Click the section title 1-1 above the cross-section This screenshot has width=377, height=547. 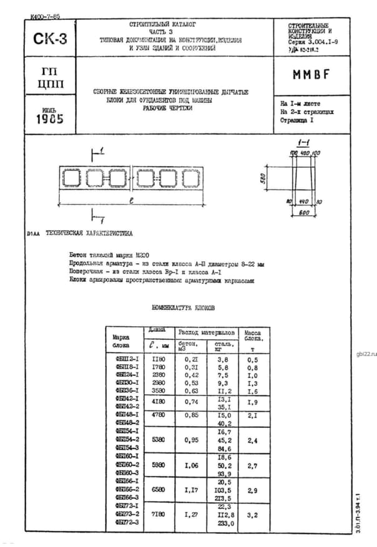[x=304, y=143]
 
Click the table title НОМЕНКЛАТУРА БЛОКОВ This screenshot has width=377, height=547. [x=183, y=308]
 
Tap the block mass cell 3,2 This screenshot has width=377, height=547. [x=253, y=515]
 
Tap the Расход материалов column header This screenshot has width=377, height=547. [x=207, y=332]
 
